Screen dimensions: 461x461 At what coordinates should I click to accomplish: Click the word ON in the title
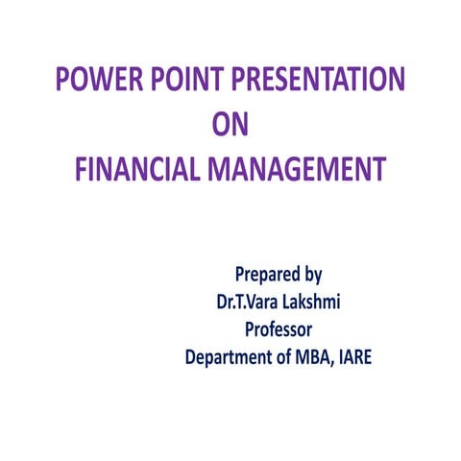[231, 125]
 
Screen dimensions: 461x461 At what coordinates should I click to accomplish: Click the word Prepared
[268, 276]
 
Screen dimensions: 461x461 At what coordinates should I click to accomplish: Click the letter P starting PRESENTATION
[240, 81]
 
